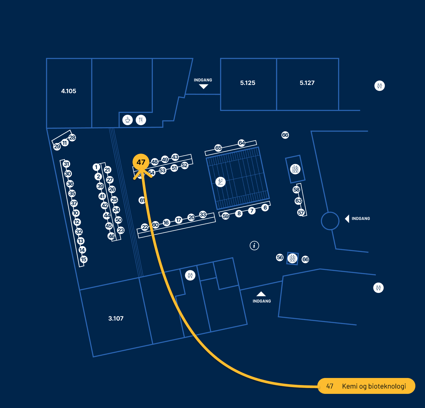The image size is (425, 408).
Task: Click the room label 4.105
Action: [x=69, y=91]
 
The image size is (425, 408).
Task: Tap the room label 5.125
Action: [x=248, y=83]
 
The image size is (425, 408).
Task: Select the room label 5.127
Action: [x=307, y=83]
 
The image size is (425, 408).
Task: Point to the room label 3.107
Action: [x=116, y=319]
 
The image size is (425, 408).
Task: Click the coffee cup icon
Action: [x=128, y=120]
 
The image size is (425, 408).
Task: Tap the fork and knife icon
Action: [x=141, y=120]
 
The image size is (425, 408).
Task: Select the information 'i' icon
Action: [x=254, y=245]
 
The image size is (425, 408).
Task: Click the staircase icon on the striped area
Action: [x=220, y=182]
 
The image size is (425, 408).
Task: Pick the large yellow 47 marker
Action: [x=141, y=162]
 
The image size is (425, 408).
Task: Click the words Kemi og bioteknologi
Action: [x=374, y=386]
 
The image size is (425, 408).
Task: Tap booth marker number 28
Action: [x=72, y=137]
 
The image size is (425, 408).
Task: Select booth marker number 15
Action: [x=84, y=259]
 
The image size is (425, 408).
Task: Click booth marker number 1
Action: [x=96, y=167]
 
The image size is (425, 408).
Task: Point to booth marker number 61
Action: [x=142, y=200]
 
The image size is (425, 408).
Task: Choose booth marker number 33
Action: [x=203, y=214]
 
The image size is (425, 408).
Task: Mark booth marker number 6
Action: [x=265, y=208]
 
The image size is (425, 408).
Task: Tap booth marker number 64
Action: [x=242, y=143]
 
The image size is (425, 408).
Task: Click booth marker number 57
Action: [x=301, y=213]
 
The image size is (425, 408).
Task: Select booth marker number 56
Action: [x=280, y=257]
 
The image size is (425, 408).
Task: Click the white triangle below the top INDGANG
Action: [x=204, y=87]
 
